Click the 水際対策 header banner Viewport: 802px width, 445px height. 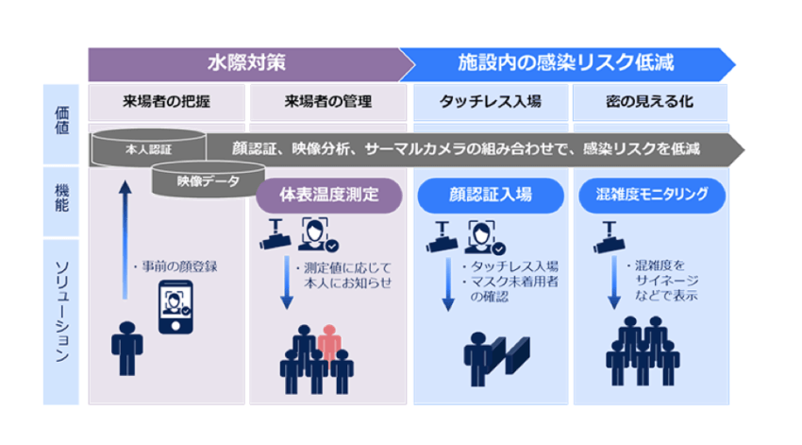tap(246, 65)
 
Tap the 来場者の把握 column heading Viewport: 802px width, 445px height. tap(167, 102)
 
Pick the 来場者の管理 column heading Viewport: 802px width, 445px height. tap(328, 102)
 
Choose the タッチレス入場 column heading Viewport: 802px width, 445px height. tap(490, 102)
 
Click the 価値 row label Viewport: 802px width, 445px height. tap(61, 124)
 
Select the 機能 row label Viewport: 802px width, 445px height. tap(61, 201)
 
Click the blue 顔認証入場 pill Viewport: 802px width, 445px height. tap(489, 196)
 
